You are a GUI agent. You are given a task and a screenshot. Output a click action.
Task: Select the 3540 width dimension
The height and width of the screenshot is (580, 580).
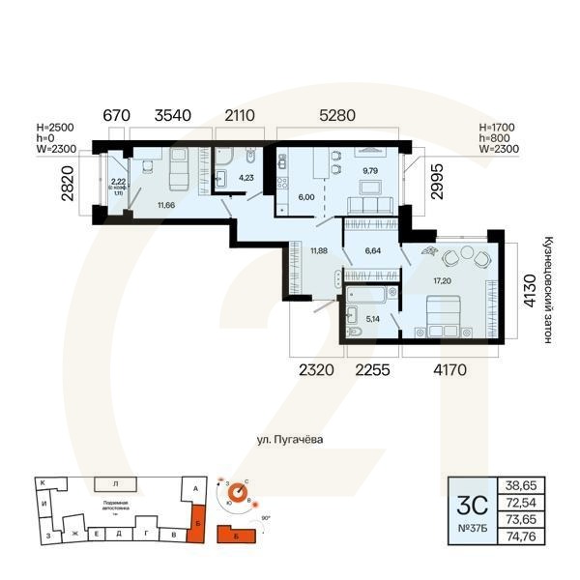166,116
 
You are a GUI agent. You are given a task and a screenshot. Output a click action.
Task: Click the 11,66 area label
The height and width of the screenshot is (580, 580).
167,205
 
